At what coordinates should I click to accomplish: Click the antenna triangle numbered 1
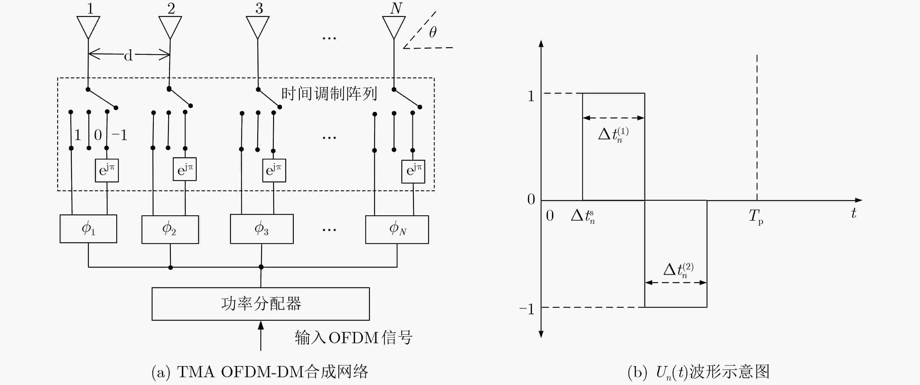88,26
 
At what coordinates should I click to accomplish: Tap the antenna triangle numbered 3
258,26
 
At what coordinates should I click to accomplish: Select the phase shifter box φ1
88,229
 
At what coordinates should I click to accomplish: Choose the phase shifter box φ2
170,229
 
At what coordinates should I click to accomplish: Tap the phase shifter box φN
397,229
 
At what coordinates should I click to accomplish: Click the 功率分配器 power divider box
261,304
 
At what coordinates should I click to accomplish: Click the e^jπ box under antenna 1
107,170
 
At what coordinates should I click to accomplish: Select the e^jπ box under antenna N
413,171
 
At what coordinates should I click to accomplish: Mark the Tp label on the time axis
756,216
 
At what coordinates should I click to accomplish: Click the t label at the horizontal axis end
854,213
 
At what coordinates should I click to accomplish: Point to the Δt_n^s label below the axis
583,216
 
